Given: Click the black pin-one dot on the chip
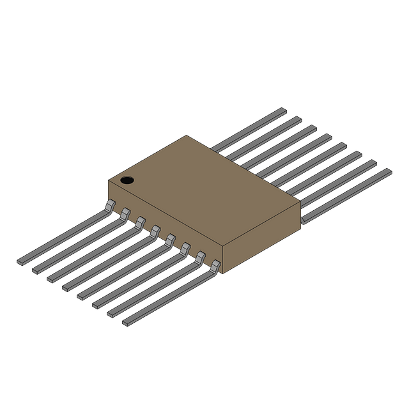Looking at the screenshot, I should [x=127, y=180].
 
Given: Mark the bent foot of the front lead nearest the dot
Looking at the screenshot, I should [x=109, y=204].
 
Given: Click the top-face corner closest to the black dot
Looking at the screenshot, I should [x=107, y=180].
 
